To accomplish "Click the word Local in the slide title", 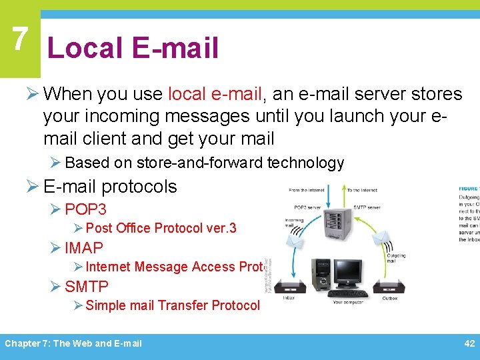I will tap(85, 48).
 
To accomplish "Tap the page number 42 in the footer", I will tap(469, 343).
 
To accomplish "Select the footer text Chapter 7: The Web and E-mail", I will tap(73, 343).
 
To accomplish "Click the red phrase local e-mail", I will tap(224, 94).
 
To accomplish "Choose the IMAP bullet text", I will tap(84, 248).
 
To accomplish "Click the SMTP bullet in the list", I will tap(86, 287).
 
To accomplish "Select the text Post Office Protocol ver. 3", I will tap(161, 228).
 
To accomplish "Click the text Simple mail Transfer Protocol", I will tap(173, 305).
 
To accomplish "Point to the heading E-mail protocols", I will tap(110, 187).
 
